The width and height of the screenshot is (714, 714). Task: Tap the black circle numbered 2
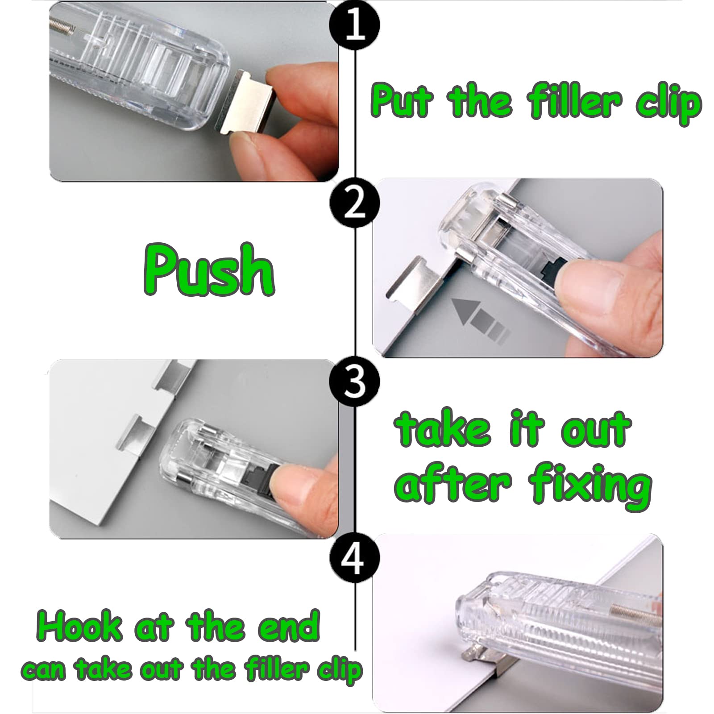pyautogui.click(x=355, y=204)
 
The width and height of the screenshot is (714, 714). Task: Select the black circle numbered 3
pyautogui.click(x=355, y=383)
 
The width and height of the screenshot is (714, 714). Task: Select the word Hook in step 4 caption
pyautogui.click(x=80, y=627)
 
